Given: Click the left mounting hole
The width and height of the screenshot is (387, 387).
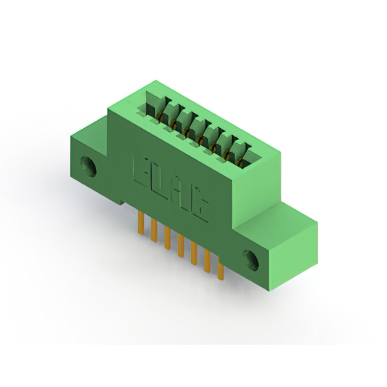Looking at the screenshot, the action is [88, 166].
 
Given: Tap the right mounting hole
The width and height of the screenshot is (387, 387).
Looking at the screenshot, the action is [251, 261].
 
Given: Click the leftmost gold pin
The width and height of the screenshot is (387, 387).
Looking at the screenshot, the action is [141, 222].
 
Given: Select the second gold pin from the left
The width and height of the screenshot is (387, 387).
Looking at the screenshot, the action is [154, 230].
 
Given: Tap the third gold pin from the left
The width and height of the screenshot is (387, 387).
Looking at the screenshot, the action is [167, 238].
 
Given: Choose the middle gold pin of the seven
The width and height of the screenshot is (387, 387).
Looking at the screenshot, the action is [181, 246].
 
